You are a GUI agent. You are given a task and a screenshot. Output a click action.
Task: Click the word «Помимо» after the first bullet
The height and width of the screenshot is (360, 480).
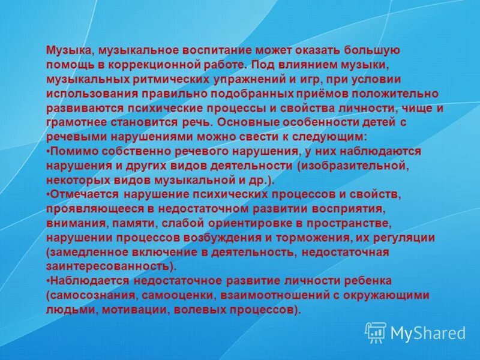pos(71,151)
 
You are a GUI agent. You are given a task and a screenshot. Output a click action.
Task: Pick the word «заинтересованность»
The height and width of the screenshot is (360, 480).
pos(108,266)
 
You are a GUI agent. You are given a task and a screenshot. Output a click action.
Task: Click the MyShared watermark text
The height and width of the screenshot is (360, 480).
pos(428,332)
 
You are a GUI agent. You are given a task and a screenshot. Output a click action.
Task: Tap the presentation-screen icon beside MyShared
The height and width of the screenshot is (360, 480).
pos(376,332)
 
